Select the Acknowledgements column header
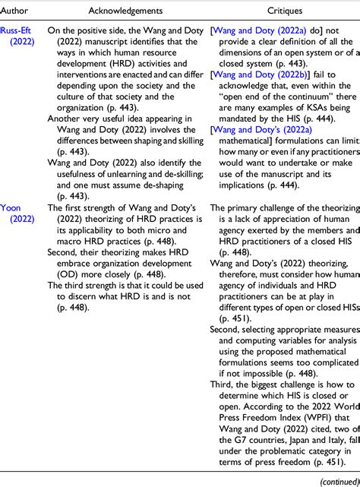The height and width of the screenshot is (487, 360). click(x=126, y=12)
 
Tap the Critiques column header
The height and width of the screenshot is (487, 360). click(x=284, y=12)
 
